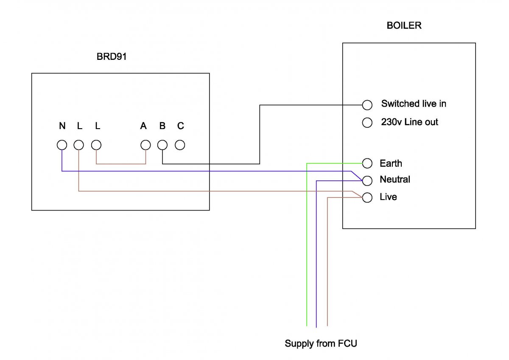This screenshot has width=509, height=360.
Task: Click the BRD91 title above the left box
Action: tap(112, 56)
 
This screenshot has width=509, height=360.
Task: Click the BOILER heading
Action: tap(404, 25)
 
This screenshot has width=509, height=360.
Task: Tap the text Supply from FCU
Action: tap(321, 343)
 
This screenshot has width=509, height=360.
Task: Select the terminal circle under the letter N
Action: tap(62, 145)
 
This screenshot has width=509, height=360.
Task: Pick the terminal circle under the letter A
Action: tap(145, 145)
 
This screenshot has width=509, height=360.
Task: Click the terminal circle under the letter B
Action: tap(162, 145)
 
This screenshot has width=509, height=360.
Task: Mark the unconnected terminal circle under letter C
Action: tap(180, 145)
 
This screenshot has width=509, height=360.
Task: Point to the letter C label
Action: tap(180, 126)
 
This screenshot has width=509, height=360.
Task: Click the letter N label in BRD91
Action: tap(62, 126)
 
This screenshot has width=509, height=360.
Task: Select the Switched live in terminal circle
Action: tap(367, 105)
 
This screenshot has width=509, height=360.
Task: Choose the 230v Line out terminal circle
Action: tap(367, 123)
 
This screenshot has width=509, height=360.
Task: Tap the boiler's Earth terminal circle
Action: tap(367, 163)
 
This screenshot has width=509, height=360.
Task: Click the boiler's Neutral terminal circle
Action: tap(367, 180)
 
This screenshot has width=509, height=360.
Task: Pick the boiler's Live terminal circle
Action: tap(367, 197)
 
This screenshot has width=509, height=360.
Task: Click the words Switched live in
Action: tap(413, 104)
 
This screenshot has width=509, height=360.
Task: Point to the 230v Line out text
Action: tap(409, 122)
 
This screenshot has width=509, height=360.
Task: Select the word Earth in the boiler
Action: tap(391, 163)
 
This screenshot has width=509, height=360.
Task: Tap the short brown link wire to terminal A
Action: tap(121, 163)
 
